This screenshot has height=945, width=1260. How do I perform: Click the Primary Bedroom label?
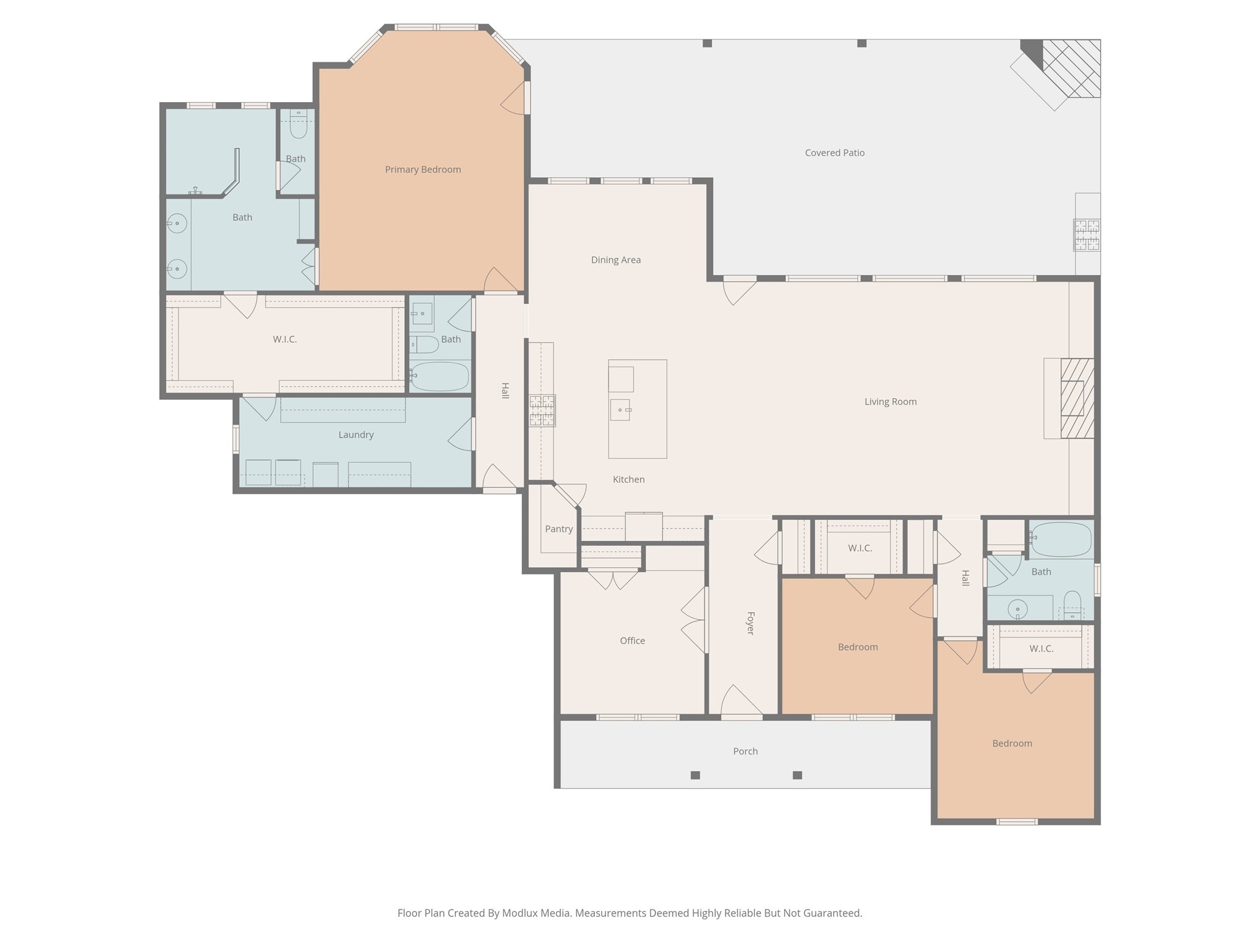pos(423,169)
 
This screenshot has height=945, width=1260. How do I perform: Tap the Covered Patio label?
pos(835,153)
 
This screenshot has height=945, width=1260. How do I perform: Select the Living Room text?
pos(890,402)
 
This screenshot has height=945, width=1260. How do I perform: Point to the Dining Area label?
pos(616,260)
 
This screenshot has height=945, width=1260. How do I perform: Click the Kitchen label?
pos(629,479)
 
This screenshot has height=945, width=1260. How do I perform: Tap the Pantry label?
pos(559,529)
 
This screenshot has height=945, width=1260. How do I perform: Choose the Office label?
pos(632,640)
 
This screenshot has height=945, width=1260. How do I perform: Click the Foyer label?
pos(750,623)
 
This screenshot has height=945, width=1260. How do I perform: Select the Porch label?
pos(745,751)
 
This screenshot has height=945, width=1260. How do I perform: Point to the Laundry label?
pos(356,434)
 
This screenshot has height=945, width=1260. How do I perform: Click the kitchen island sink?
pos(620,410)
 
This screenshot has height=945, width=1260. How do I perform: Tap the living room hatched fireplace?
pos(1077,398)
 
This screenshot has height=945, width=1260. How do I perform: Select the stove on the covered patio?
pos(1087,235)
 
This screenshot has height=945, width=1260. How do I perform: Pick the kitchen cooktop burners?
pos(542,410)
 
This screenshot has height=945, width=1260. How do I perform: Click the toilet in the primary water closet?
pos(298,124)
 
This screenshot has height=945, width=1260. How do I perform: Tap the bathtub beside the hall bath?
pos(439,376)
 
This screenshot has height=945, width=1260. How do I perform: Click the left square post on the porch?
pos(695,775)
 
